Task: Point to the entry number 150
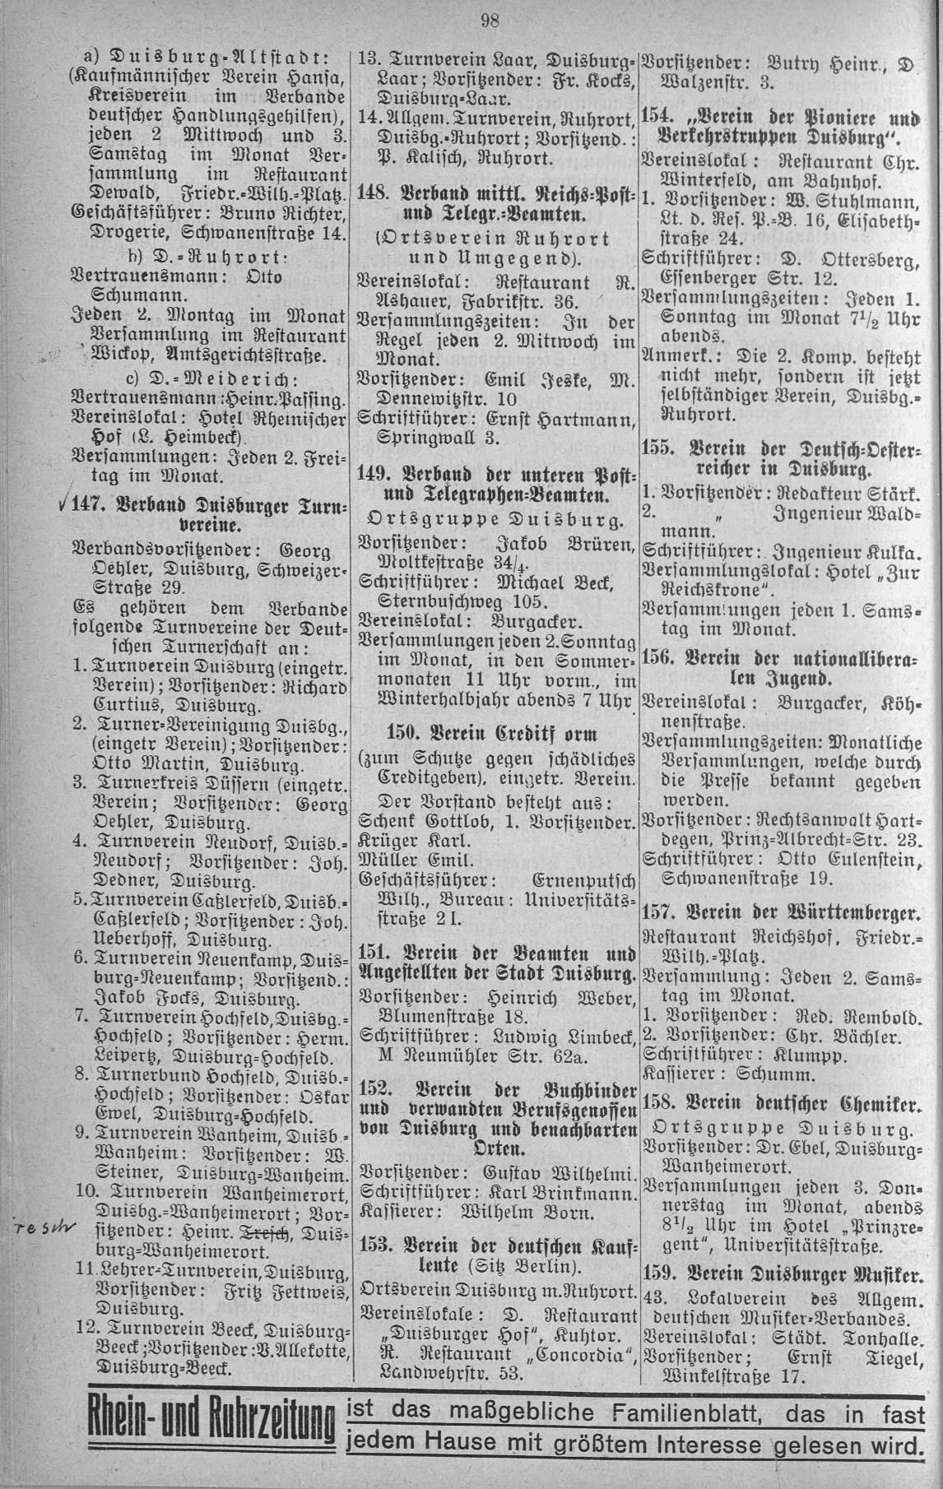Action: tap(402, 734)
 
